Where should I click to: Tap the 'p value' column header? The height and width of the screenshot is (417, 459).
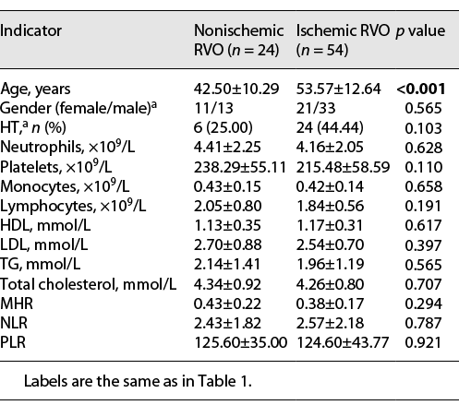(423, 30)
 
